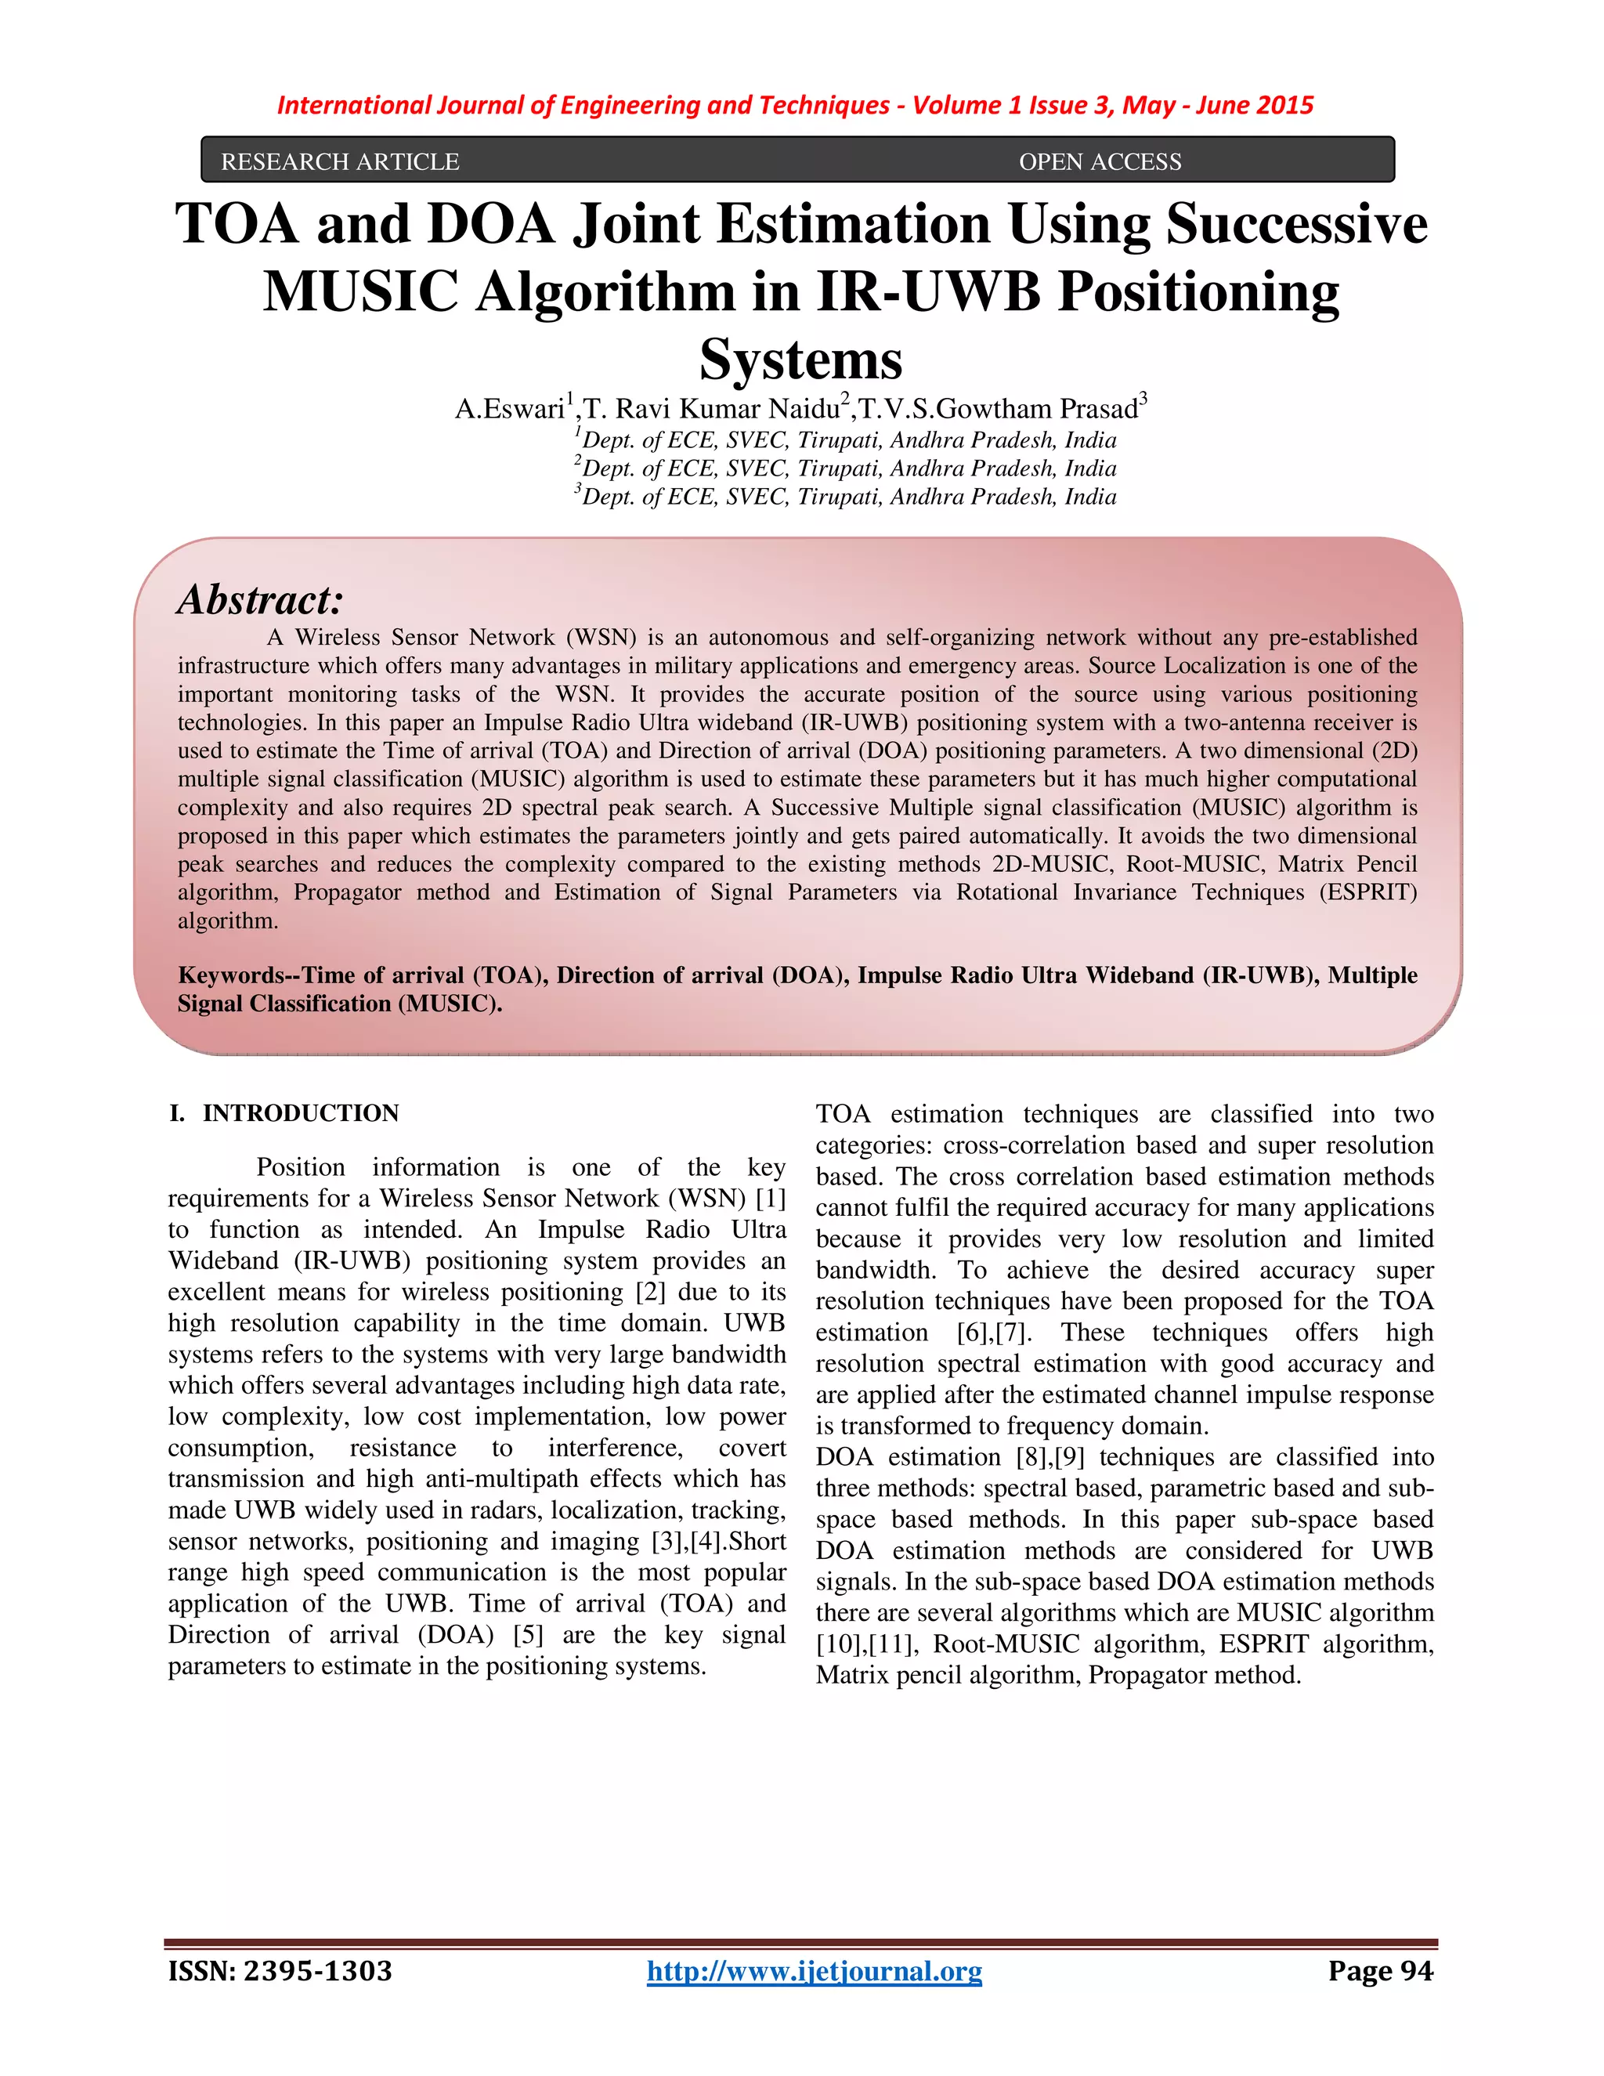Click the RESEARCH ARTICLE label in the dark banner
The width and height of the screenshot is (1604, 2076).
click(339, 161)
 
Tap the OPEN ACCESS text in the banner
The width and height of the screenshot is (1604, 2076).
click(1100, 161)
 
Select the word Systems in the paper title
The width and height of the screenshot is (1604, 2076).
click(801, 360)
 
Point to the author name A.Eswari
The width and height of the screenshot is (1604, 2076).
click(511, 409)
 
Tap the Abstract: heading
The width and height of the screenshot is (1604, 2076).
click(259, 600)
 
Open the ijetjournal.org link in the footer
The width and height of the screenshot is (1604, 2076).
click(815, 1972)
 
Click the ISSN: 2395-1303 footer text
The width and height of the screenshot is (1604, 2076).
click(280, 1972)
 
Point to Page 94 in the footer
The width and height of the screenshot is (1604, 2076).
click(1380, 1972)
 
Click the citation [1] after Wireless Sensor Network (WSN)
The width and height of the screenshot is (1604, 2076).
click(771, 1199)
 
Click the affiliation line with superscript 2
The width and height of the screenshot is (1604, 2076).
click(846, 468)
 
